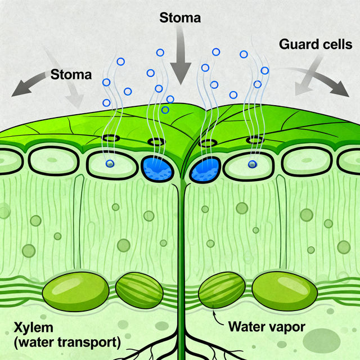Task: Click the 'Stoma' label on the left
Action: [x=71, y=74]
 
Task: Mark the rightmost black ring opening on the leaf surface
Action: [x=255, y=139]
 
